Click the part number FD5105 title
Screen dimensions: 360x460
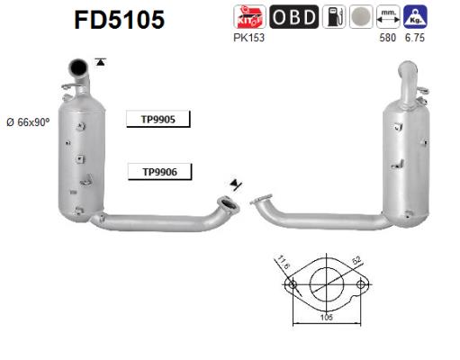116,21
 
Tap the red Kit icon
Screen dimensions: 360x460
248,16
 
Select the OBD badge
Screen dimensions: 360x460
293,16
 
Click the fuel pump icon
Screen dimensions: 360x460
334,16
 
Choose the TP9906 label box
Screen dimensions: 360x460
158,171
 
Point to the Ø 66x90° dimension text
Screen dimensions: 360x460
30,121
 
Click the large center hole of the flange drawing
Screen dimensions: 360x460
326,285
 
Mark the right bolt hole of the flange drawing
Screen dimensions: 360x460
361,285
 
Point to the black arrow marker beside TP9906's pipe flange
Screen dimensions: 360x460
236,184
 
